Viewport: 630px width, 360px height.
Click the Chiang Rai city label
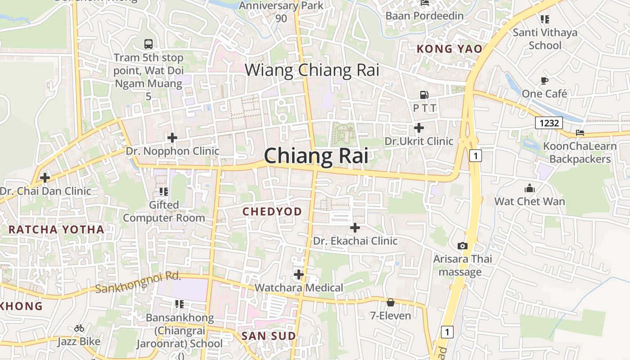coord(316,156)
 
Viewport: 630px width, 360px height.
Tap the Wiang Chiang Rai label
coord(312,70)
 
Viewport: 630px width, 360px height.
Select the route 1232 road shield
coord(549,122)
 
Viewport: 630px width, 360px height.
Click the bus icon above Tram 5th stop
coord(148,44)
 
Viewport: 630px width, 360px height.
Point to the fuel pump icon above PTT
coord(424,94)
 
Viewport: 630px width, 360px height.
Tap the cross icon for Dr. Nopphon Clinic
coord(172,138)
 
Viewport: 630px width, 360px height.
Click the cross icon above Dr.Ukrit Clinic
coord(419,128)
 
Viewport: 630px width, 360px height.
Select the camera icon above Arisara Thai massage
coord(462,246)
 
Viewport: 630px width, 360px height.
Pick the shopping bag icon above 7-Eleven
coord(390,302)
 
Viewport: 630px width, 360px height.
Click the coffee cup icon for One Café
coord(544,81)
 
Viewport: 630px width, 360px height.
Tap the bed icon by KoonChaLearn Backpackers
coord(580,133)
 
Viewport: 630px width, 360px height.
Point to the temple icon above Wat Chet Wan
coord(530,188)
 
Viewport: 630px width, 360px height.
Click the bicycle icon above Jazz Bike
coord(79,328)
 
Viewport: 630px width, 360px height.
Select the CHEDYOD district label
coord(272,211)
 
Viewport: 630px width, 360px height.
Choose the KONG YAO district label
coord(450,49)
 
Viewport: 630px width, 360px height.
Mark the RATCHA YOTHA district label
coord(56,229)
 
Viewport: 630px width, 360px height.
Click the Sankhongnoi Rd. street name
coord(138,283)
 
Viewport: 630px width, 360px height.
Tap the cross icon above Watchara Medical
coord(299,274)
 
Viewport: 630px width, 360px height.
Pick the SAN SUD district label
coord(269,336)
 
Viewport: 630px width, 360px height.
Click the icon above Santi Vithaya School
coord(545,19)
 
